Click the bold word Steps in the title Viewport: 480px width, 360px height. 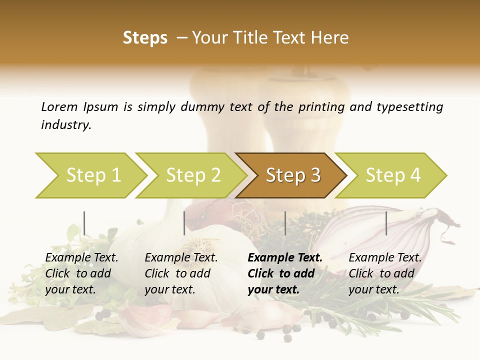tap(145, 38)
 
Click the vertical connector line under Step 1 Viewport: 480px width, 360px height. tap(84, 223)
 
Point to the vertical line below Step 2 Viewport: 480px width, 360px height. tap(184, 223)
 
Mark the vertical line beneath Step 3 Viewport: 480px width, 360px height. tap(285, 223)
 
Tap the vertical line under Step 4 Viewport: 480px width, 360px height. tap(386, 223)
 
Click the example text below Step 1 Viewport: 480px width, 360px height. tap(81, 273)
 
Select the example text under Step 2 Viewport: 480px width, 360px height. tap(181, 273)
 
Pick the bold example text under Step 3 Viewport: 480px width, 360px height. tap(285, 273)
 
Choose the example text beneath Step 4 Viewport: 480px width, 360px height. tap(385, 273)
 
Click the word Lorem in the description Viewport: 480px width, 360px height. tap(59, 106)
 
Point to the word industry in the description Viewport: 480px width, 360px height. tap(66, 124)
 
